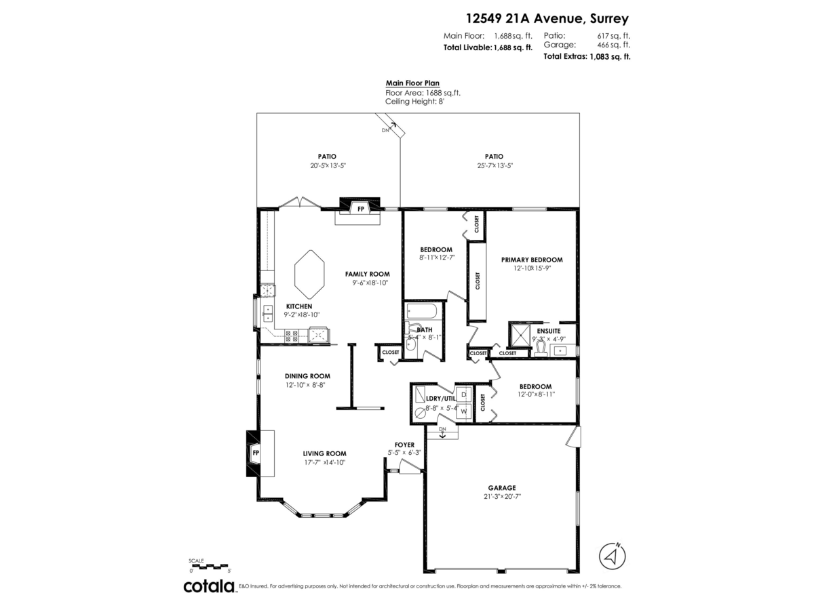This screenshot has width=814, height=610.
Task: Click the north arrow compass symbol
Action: [613, 556]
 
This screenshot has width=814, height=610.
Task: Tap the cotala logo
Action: [208, 586]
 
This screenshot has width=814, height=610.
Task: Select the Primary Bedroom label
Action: [532, 260]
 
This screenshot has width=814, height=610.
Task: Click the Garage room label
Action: [502, 487]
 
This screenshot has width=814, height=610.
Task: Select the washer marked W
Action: [464, 411]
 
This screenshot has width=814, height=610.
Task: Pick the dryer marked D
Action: [464, 394]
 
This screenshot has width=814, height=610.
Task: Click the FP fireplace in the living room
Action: [256, 453]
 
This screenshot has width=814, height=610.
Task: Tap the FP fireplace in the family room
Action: [360, 208]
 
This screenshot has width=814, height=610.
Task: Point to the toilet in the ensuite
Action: [541, 348]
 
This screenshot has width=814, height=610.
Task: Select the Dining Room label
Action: [307, 375]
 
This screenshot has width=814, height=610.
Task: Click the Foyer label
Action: [404, 445]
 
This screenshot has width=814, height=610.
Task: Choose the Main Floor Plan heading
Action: [412, 83]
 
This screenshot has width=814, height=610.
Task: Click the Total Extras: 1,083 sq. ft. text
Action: [587, 57]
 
